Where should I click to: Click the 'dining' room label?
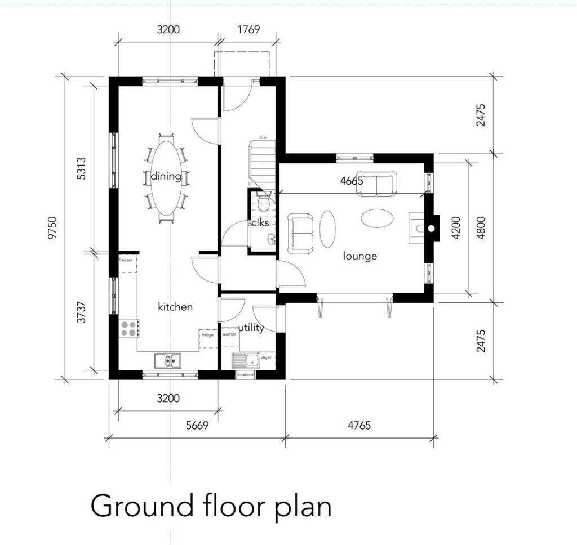pos(166,176)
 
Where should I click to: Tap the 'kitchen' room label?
pos(175,307)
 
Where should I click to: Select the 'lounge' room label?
pos(360,256)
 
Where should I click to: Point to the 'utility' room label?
pos(251,328)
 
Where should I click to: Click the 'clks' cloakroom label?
pos(260,223)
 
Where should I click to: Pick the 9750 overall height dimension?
pos(54,228)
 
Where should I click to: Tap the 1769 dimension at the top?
pos(248,29)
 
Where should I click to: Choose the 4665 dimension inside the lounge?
pos(352,181)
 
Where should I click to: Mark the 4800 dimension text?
pos(481,228)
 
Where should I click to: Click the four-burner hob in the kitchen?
pos(128,328)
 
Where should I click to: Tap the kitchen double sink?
pos(168,360)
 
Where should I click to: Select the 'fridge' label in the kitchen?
pos(207,335)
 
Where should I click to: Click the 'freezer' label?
pos(126,260)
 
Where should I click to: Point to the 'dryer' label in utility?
pos(266,357)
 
